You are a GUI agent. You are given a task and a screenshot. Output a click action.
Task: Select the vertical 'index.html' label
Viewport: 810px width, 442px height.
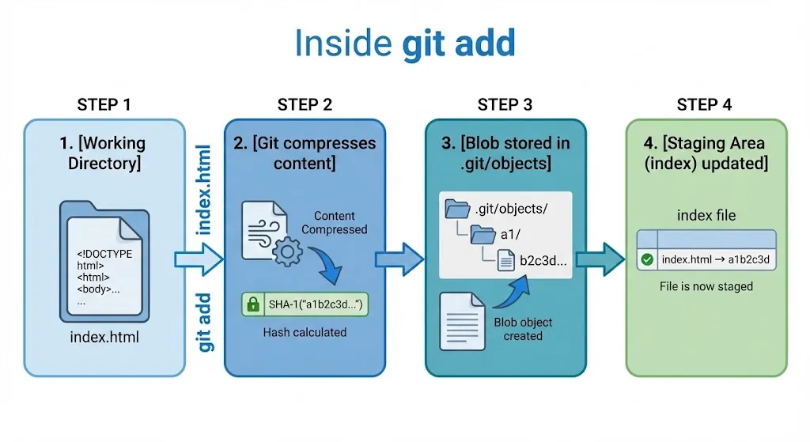point(203,190)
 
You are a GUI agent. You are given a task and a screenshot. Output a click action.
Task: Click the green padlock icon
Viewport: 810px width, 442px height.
point(253,304)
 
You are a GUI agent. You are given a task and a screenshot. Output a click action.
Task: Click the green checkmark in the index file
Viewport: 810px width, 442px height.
point(647,259)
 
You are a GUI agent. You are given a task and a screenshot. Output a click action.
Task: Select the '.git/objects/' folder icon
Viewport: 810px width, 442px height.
point(457,210)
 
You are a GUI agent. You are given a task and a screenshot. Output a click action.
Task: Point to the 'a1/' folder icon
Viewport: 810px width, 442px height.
point(483,235)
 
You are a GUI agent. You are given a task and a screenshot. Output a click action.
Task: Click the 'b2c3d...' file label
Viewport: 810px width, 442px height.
point(543,262)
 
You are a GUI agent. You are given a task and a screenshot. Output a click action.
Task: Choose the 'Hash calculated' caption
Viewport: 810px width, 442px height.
point(305,333)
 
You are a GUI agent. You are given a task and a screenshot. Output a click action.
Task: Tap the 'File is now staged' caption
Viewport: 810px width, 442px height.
point(706,286)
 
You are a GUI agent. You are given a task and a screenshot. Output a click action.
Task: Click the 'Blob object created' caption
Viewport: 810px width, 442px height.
point(523,329)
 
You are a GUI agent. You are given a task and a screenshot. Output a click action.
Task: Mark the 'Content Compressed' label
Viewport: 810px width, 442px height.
point(335,222)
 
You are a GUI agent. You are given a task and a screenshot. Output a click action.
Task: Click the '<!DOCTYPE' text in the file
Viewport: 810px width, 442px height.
point(104,254)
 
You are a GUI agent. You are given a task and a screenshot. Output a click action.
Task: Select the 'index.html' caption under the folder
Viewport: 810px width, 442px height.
point(104,338)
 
